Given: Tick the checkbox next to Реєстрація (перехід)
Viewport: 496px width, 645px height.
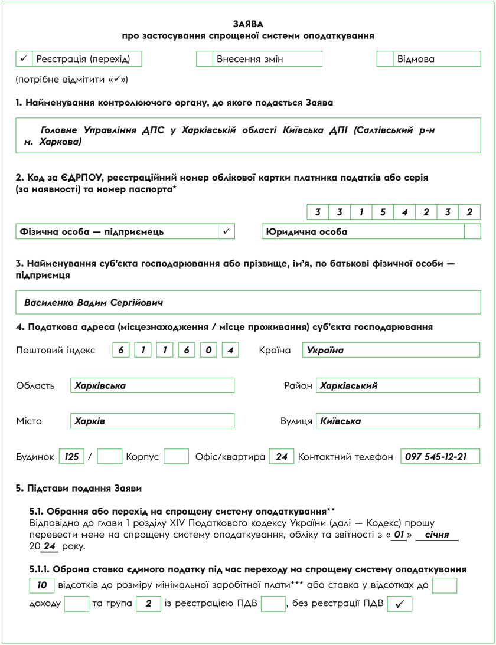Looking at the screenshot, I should pos(24,59).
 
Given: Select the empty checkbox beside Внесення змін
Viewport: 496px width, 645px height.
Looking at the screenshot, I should pos(204,59).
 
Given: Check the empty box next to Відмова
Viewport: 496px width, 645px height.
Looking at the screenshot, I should pos(385,59).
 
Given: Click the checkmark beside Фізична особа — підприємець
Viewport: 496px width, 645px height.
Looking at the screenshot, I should pos(227,231).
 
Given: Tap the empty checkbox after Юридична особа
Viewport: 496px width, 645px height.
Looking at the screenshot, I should pos(472,231).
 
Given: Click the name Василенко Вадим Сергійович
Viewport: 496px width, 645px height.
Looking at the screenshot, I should pos(93,302).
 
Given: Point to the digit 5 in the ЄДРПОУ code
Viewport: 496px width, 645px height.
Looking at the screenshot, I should pos(383,212).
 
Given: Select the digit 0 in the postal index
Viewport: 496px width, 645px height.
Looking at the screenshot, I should pos(208,350).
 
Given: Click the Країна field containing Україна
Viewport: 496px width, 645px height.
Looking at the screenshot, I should pos(391,350).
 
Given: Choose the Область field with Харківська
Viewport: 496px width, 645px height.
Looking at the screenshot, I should pos(152,385).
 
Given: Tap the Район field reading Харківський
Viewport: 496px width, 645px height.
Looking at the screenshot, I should pos(398,385).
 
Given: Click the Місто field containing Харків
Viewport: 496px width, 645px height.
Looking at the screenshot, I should pos(152,421).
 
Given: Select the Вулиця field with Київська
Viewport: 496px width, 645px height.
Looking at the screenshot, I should pos(398,421).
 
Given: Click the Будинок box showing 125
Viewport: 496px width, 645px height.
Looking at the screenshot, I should pos(72,456).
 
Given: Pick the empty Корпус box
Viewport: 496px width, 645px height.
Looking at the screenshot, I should pos(176,456).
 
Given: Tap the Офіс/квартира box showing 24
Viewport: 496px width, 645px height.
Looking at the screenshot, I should pos(282,456).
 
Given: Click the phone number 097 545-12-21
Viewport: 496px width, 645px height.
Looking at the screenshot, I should pos(440,456).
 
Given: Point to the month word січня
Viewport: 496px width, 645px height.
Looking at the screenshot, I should pos(437,535).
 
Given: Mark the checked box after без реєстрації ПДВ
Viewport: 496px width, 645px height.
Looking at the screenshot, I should pos(400,604).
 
